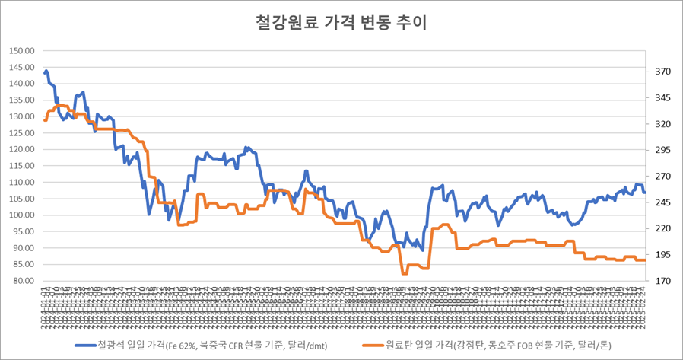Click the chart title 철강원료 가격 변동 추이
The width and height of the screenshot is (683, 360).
[341, 23]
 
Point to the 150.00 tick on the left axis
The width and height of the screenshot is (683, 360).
[23, 51]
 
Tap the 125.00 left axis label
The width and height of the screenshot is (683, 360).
[23, 133]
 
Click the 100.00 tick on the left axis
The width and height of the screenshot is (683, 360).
[23, 215]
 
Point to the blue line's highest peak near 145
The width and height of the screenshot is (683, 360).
[46, 71]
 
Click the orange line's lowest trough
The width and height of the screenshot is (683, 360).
[404, 273]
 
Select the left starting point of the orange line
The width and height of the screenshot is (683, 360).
[45, 120]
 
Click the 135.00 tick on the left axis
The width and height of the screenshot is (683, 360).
[23, 100]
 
